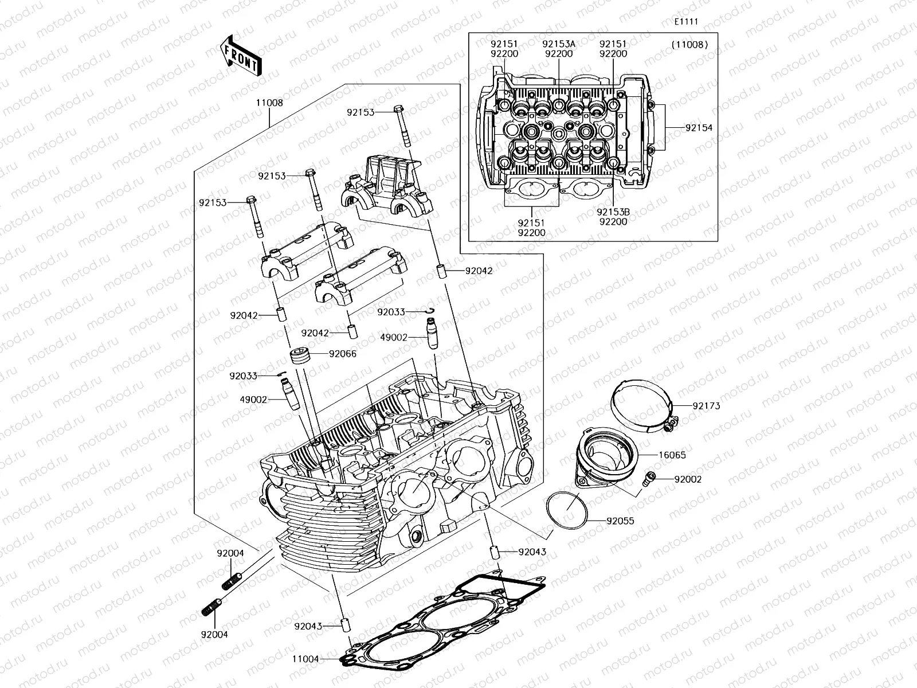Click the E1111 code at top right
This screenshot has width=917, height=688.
pyautogui.click(x=685, y=22)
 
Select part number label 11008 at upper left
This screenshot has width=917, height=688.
pyautogui.click(x=269, y=103)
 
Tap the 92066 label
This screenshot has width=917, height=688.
pyautogui.click(x=342, y=354)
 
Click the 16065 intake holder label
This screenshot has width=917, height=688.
pyautogui.click(x=672, y=455)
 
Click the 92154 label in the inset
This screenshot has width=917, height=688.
pyautogui.click(x=699, y=128)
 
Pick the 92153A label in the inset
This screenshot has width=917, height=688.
pyautogui.click(x=559, y=44)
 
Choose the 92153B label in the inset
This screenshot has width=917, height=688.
pyautogui.click(x=614, y=212)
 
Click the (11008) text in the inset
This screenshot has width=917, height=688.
pyautogui.click(x=689, y=44)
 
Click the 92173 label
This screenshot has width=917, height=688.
pyautogui.click(x=706, y=406)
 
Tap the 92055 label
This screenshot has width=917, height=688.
pyautogui.click(x=620, y=521)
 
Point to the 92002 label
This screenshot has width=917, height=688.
pyautogui.click(x=687, y=479)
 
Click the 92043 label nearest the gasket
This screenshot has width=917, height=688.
pyautogui.click(x=308, y=627)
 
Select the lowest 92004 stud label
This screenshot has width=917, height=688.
pyautogui.click(x=214, y=635)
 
